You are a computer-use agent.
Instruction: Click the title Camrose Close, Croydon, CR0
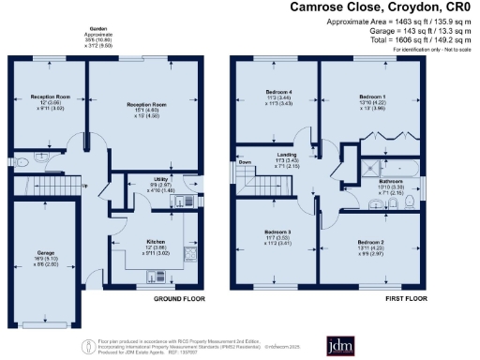(x=397, y=7)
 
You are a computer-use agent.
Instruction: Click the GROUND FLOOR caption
(x=180, y=299)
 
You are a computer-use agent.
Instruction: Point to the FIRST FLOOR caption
(x=410, y=299)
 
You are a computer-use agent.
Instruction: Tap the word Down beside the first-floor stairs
(x=246, y=161)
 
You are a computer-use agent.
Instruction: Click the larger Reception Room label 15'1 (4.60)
(x=144, y=109)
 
